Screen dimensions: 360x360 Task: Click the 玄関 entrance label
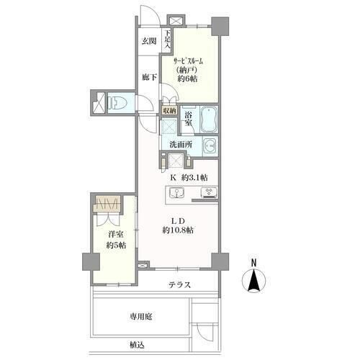click(x=148, y=41)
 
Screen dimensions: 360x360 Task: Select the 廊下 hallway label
click(x=149, y=78)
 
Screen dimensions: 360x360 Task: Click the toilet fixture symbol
click(x=117, y=103)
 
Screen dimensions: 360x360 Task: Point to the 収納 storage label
click(x=170, y=111)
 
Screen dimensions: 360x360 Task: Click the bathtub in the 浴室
click(x=209, y=120)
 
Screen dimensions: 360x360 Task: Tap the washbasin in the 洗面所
click(x=210, y=146)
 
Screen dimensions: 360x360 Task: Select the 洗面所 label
click(x=181, y=145)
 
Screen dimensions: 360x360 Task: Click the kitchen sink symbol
click(x=176, y=193)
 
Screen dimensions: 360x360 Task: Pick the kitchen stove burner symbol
click(x=209, y=192)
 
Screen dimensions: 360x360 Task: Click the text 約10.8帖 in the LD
click(x=178, y=230)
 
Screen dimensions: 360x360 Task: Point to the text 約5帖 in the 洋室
click(x=117, y=246)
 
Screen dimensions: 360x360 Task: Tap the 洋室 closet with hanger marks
click(x=107, y=204)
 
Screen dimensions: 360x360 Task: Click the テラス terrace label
click(x=180, y=285)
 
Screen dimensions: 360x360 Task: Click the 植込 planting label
click(x=137, y=345)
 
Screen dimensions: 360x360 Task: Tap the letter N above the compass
click(x=253, y=263)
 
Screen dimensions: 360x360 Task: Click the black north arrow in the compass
click(x=253, y=280)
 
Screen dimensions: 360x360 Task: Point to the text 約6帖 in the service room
click(x=188, y=78)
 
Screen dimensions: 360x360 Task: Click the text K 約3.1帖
click(x=189, y=178)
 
